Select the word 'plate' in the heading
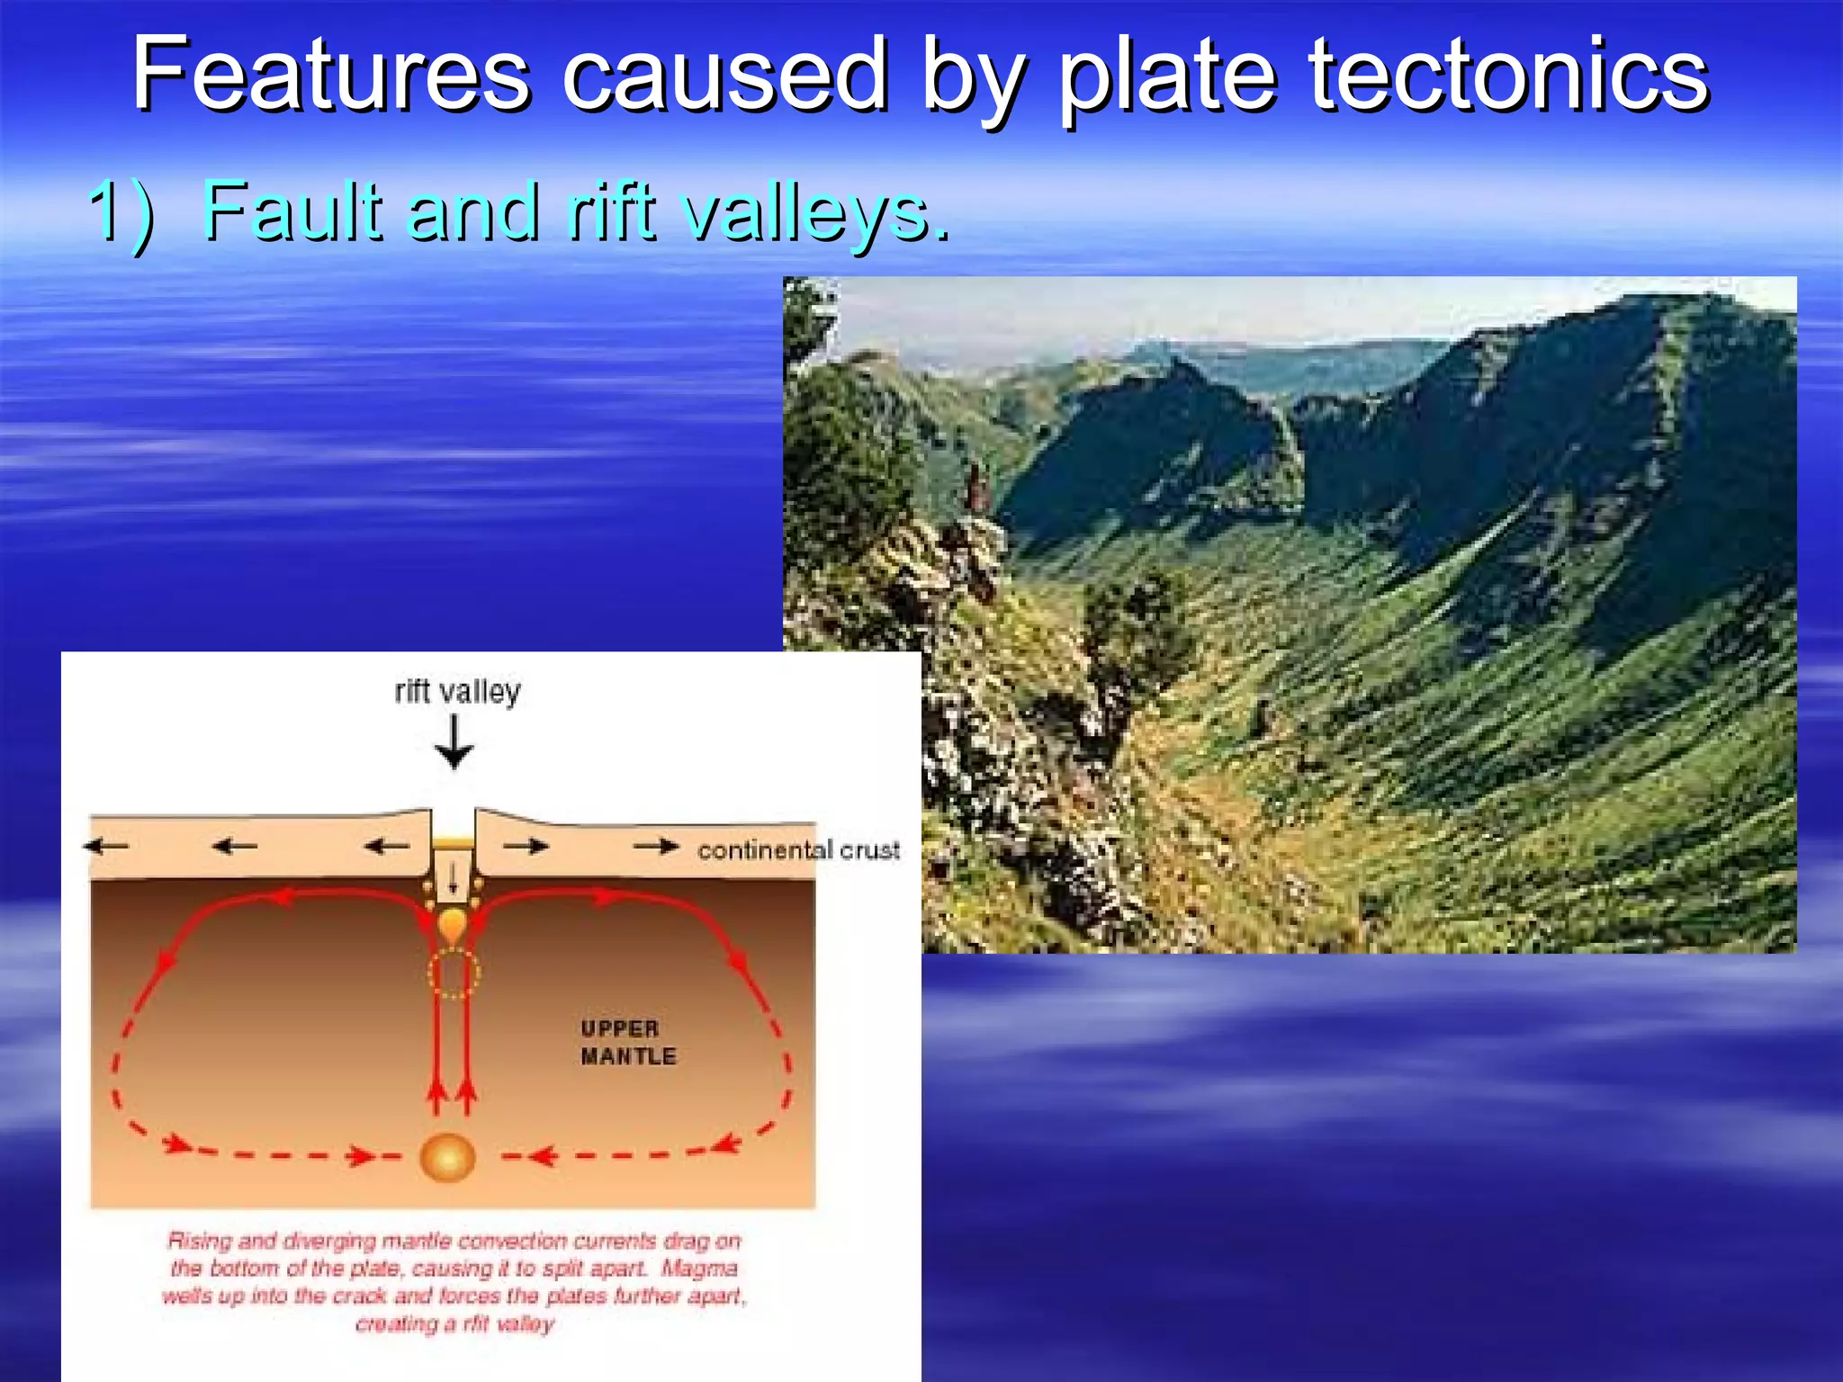(1167, 76)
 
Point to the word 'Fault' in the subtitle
(293, 211)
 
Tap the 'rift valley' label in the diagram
(457, 691)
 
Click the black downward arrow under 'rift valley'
(454, 744)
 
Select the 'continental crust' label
(798, 849)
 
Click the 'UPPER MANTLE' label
(627, 1042)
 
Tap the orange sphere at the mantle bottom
(447, 1157)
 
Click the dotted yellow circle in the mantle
(453, 972)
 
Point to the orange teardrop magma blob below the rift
(453, 924)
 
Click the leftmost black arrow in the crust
(106, 846)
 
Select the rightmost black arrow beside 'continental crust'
(656, 846)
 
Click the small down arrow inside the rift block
(454, 876)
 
